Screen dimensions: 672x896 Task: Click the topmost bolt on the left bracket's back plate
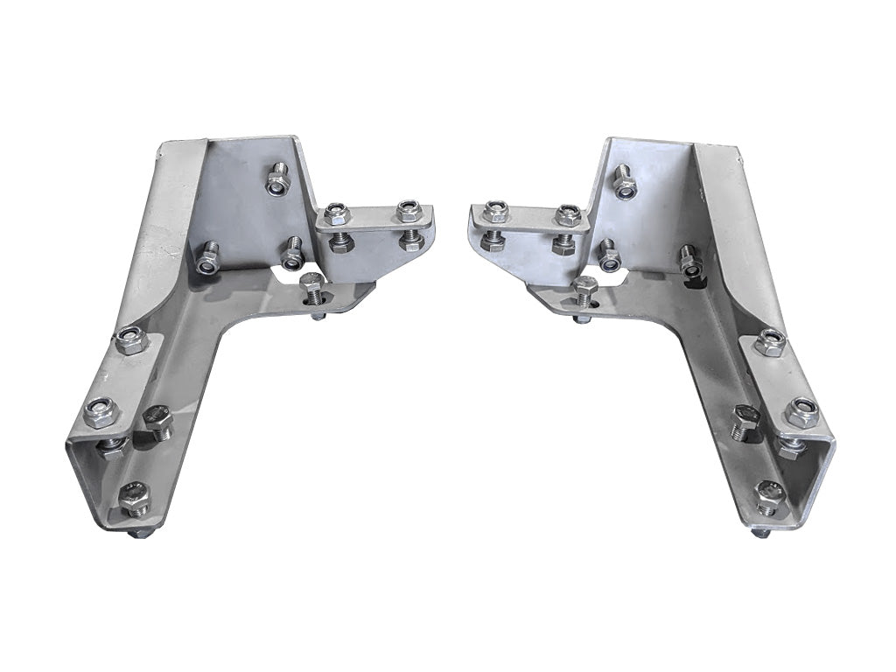(x=277, y=180)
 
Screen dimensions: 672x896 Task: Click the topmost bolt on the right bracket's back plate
(x=623, y=181)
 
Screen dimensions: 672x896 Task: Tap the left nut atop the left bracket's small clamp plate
(x=337, y=213)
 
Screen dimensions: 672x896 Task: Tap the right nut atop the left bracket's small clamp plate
(x=408, y=211)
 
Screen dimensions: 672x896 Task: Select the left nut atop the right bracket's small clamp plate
(x=495, y=212)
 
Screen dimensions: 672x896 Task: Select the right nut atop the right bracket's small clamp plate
(x=567, y=214)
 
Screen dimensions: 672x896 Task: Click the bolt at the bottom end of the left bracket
(x=135, y=499)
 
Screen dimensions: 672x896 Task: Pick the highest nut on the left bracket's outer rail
(x=130, y=340)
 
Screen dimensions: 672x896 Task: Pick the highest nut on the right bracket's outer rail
(x=770, y=342)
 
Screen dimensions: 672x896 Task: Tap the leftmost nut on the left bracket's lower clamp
(x=100, y=412)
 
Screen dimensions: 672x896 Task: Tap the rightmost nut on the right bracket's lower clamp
(x=801, y=411)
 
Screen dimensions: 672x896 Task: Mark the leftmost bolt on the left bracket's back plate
(x=207, y=258)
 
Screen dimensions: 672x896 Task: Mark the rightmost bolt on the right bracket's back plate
(x=690, y=260)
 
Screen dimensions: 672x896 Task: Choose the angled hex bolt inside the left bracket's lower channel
(x=158, y=422)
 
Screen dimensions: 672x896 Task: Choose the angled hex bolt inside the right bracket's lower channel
(x=745, y=422)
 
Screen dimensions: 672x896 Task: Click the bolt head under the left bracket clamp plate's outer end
(x=411, y=240)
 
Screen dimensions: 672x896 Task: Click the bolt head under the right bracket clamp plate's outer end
(x=493, y=241)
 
